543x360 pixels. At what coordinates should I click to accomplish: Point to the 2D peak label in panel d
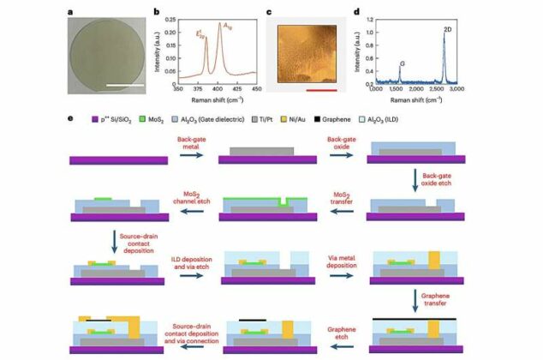[x=448, y=29]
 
